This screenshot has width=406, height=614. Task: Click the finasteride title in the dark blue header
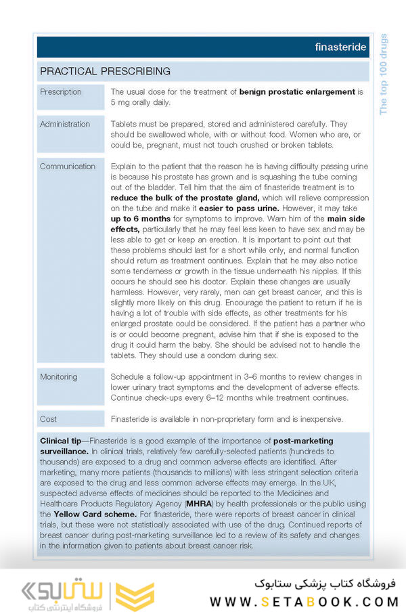(340, 47)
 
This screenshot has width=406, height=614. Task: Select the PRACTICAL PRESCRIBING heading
(105, 71)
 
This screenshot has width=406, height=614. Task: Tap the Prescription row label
(61, 92)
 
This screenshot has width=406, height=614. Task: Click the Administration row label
(65, 124)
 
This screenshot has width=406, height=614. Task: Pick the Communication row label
(68, 167)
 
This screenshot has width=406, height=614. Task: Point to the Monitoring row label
(59, 376)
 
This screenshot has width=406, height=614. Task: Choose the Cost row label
(49, 419)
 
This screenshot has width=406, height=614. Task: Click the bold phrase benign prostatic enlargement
(297, 92)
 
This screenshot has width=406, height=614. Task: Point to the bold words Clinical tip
(64, 441)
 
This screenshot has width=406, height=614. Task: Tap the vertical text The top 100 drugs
(384, 74)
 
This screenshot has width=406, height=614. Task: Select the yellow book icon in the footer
(135, 594)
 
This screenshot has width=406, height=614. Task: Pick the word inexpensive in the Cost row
(319, 419)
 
